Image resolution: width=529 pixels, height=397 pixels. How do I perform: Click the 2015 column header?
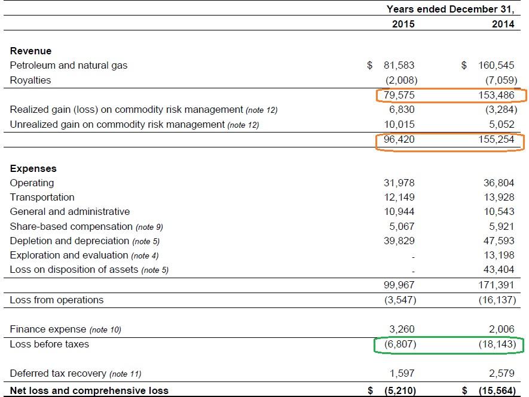(x=403, y=24)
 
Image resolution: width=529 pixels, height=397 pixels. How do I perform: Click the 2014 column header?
(x=503, y=24)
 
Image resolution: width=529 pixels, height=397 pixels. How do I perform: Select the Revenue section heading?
(x=30, y=51)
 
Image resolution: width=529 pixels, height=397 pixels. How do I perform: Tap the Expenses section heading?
(x=33, y=168)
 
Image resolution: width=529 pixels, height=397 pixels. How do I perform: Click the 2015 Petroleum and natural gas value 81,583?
(x=399, y=66)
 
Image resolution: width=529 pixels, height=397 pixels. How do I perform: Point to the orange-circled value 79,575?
(x=399, y=95)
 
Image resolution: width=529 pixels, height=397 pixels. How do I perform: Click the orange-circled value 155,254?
(x=496, y=139)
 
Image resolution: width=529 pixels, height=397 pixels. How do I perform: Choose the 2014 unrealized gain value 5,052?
(x=502, y=124)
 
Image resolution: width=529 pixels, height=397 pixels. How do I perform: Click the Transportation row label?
(x=42, y=197)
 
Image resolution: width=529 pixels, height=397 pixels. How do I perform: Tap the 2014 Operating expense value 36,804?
(x=499, y=183)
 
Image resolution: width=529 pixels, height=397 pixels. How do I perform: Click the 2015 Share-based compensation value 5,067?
(x=402, y=226)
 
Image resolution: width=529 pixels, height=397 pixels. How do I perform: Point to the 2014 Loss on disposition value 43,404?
(x=499, y=270)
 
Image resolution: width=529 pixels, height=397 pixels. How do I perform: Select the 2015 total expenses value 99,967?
(x=399, y=285)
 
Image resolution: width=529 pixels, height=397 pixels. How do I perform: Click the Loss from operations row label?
(x=57, y=300)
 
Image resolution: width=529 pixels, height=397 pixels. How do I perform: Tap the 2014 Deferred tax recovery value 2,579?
(x=502, y=373)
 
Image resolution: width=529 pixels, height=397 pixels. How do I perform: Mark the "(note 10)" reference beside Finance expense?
(x=105, y=330)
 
